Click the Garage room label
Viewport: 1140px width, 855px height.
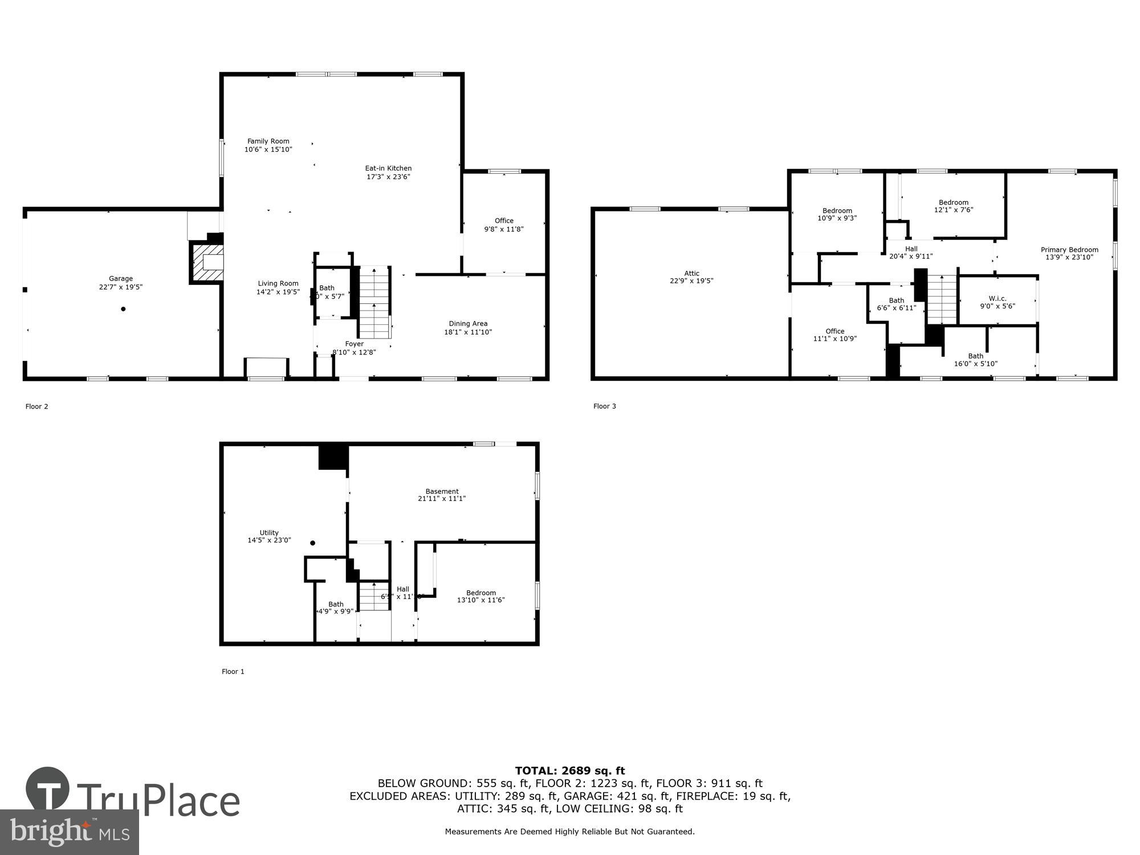pyautogui.click(x=121, y=279)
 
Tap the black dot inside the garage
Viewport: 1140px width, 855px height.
pyautogui.click(x=123, y=309)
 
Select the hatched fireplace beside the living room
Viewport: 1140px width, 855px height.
pyautogui.click(x=206, y=263)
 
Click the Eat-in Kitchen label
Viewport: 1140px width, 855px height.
pyautogui.click(x=388, y=168)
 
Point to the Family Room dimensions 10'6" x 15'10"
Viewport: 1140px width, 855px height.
pyautogui.click(x=268, y=149)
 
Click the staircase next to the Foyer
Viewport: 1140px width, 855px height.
pyautogui.click(x=374, y=302)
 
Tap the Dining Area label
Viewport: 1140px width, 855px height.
pyautogui.click(x=468, y=324)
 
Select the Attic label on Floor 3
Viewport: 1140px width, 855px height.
pyautogui.click(x=691, y=273)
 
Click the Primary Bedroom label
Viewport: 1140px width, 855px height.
pyautogui.click(x=1069, y=250)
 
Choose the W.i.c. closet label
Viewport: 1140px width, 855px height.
pyautogui.click(x=997, y=298)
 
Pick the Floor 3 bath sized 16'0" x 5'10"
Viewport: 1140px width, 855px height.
pyautogui.click(x=975, y=360)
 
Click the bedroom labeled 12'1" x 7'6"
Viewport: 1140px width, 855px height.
pyautogui.click(x=954, y=206)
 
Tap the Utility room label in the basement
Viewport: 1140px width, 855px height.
pyautogui.click(x=269, y=532)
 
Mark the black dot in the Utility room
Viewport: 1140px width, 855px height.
pyautogui.click(x=312, y=543)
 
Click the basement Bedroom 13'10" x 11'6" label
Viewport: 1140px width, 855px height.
pyautogui.click(x=481, y=596)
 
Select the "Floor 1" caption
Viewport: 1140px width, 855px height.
pyautogui.click(x=233, y=671)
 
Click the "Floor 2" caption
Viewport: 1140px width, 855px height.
pyautogui.click(x=36, y=406)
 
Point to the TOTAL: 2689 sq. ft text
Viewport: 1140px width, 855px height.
pyautogui.click(x=570, y=771)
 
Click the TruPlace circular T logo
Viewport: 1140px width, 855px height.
pyautogui.click(x=48, y=789)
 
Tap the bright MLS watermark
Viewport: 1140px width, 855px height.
pyautogui.click(x=69, y=833)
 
